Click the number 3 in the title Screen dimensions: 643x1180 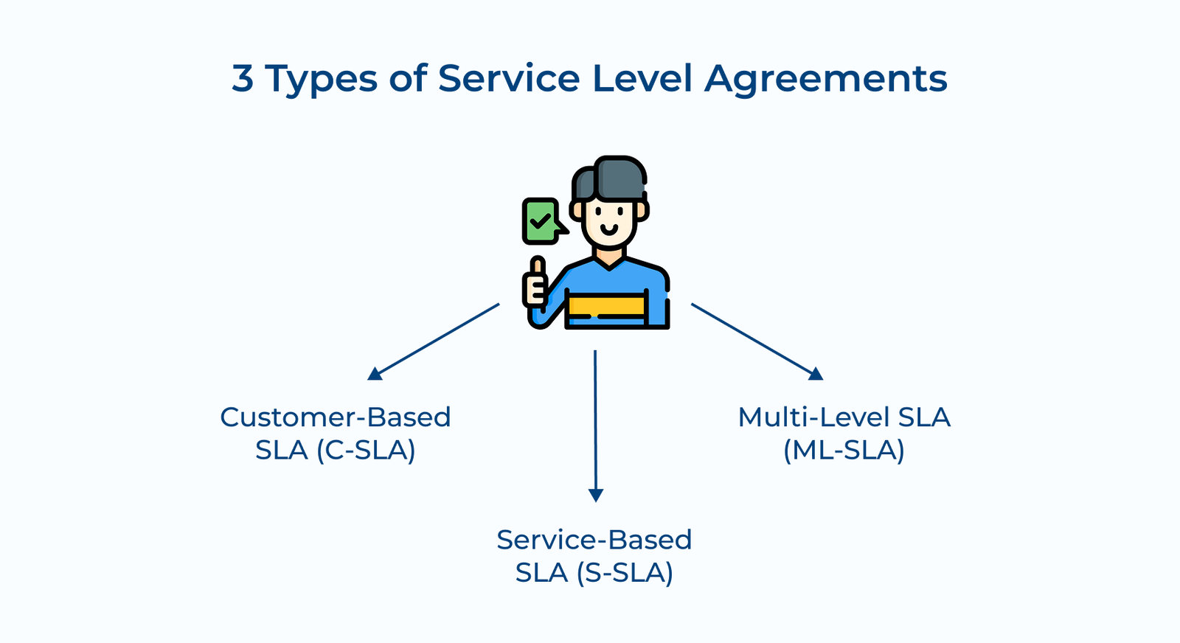(243, 78)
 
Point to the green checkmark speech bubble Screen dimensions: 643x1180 (541, 220)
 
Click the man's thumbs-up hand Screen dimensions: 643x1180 (536, 283)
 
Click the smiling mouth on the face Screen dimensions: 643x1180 (609, 228)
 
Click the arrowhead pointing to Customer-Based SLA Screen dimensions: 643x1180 (375, 374)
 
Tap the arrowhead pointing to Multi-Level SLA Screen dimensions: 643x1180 (816, 374)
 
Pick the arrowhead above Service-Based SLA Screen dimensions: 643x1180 (596, 496)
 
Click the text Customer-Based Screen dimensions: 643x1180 (336, 417)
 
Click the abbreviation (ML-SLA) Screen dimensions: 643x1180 (844, 450)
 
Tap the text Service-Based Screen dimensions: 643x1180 (594, 540)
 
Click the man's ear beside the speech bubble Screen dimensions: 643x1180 (577, 211)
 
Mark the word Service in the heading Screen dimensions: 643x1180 (509, 78)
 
